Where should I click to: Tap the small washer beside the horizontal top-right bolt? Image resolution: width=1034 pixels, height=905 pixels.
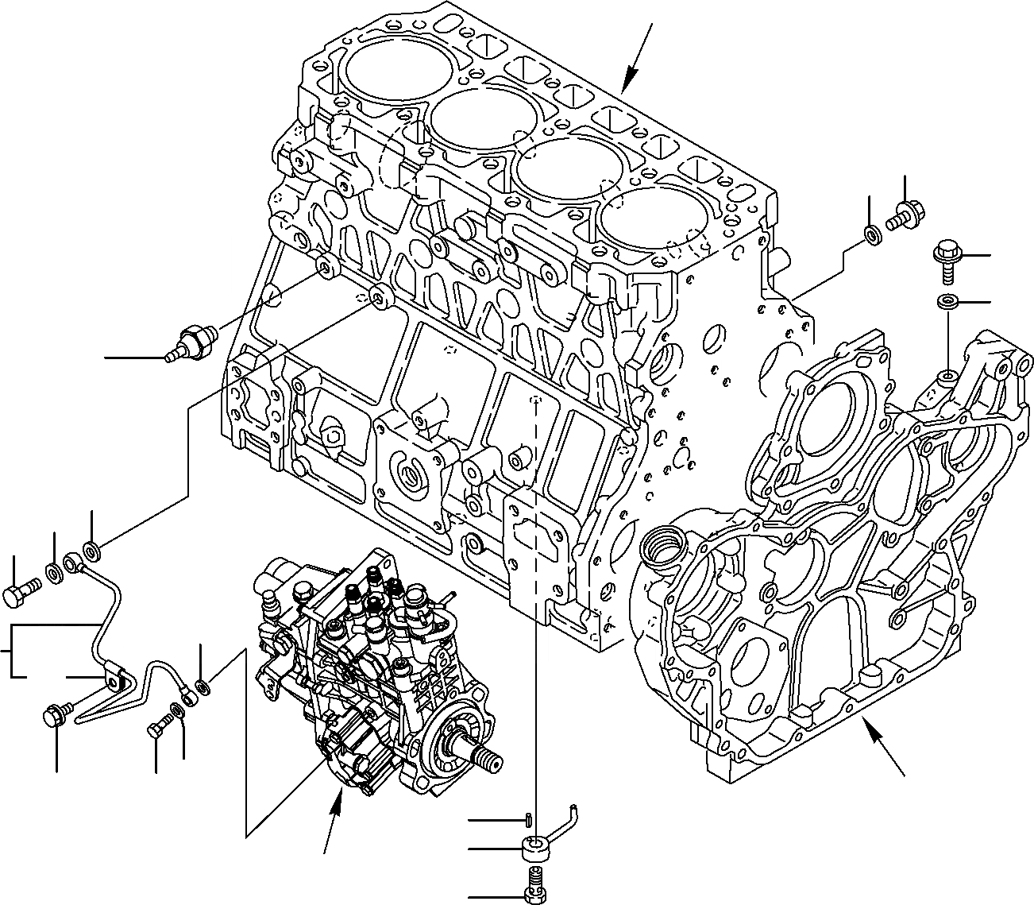(871, 235)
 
